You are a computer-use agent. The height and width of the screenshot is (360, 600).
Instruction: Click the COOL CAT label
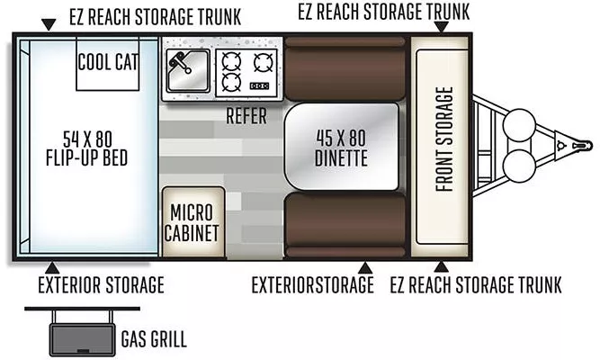(107, 62)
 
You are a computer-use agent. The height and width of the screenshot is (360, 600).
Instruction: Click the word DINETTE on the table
(341, 158)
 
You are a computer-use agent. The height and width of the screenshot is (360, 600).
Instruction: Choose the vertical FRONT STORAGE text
(442, 139)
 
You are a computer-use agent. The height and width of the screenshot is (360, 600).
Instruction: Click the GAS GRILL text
(154, 339)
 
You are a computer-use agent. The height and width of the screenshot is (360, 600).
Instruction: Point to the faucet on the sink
(181, 64)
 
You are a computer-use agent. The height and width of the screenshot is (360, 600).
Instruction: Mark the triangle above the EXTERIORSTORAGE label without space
(365, 267)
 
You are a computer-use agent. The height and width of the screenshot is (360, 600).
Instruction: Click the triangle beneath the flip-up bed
(52, 267)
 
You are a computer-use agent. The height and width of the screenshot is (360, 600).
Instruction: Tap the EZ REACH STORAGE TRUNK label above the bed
(153, 17)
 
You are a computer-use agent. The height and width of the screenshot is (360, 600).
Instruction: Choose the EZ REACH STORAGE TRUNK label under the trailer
(477, 286)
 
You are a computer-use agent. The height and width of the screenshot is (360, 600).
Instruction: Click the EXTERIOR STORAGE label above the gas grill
(101, 286)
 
